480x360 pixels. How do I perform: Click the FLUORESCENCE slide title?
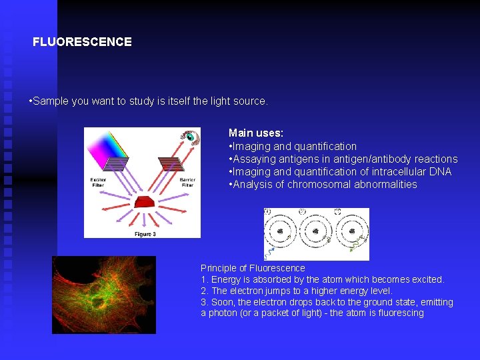(x=82, y=42)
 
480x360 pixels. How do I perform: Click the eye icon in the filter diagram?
(x=189, y=139)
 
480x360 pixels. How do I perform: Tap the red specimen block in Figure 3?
(x=143, y=201)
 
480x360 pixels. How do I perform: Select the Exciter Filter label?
(x=99, y=182)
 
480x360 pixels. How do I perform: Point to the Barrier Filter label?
(x=187, y=182)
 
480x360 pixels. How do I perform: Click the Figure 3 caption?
(x=145, y=234)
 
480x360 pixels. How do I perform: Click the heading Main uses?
(x=255, y=133)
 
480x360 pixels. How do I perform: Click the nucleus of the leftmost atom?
(x=281, y=232)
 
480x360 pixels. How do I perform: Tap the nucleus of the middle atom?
(x=316, y=232)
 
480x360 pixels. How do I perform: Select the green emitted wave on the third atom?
(x=359, y=247)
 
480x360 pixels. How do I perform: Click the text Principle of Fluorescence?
(x=253, y=268)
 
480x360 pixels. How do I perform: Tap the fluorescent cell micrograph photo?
(x=104, y=295)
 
